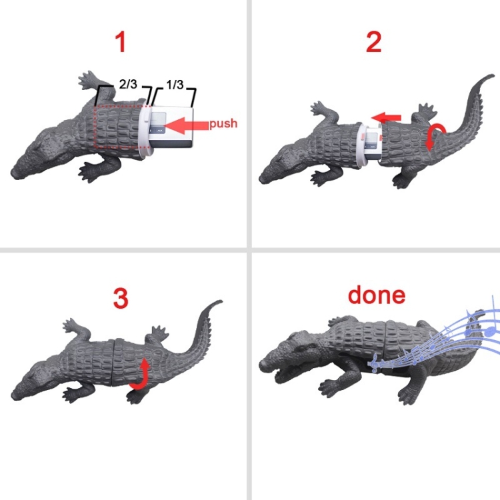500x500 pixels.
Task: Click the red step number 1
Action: (121, 42)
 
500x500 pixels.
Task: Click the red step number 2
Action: (373, 42)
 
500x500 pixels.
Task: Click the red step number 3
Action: (121, 299)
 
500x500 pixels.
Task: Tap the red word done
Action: (377, 295)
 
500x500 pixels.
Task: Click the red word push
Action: (223, 123)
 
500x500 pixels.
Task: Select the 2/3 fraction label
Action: (128, 84)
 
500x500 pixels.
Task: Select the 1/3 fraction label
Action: (175, 85)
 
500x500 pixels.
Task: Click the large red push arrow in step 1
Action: (187, 125)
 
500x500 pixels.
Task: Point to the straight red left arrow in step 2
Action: (387, 117)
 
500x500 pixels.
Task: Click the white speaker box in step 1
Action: (171, 127)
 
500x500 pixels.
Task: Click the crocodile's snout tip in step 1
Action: (13, 173)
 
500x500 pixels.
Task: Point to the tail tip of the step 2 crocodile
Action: (492, 76)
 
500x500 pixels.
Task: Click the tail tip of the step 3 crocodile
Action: (220, 301)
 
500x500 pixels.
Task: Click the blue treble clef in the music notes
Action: (375, 363)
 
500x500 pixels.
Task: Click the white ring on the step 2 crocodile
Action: (361, 142)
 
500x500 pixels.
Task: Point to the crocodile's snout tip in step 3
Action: (13, 397)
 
